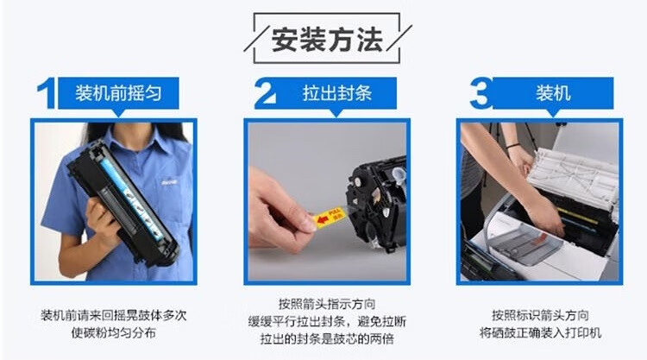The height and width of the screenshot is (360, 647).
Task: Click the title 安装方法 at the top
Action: coord(327,40)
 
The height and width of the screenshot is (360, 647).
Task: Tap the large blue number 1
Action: coord(47,93)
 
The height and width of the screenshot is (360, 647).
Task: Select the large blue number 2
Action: coord(266,93)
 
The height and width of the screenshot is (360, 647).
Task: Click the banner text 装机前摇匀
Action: coord(118,93)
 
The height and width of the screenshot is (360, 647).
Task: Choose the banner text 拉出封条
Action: coord(337,93)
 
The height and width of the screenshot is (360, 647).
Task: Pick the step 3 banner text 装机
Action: coord(553,93)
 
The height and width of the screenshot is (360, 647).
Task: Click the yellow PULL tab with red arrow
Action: coord(330,218)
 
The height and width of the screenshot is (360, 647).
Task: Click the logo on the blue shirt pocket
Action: coord(169,181)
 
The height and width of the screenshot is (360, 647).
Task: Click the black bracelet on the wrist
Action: coord(513,146)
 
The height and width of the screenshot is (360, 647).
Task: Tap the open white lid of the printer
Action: coord(574,178)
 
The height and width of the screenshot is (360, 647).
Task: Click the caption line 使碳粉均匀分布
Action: coord(114,332)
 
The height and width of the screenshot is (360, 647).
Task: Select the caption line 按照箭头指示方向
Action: coord(327,304)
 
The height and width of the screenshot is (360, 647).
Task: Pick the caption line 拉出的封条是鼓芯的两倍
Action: coord(327,339)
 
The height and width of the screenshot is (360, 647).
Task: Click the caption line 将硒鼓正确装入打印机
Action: coord(540,332)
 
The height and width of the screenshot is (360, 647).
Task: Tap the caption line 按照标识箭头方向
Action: coord(540,315)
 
